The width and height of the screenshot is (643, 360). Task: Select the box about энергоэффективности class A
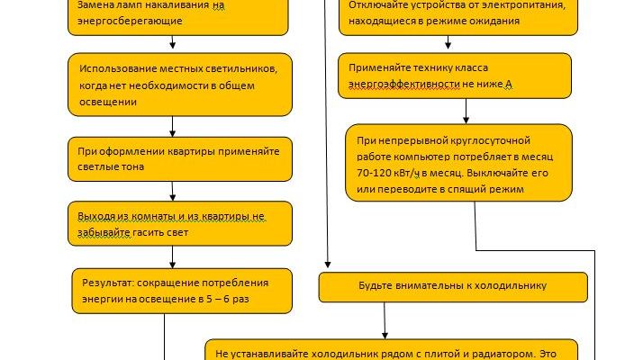[x=454, y=76]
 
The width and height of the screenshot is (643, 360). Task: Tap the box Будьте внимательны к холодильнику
[x=453, y=286]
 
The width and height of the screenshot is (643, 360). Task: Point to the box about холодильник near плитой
[x=391, y=351]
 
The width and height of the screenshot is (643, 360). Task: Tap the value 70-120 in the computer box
[x=376, y=171]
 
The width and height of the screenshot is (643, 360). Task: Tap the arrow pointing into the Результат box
[x=172, y=260]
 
